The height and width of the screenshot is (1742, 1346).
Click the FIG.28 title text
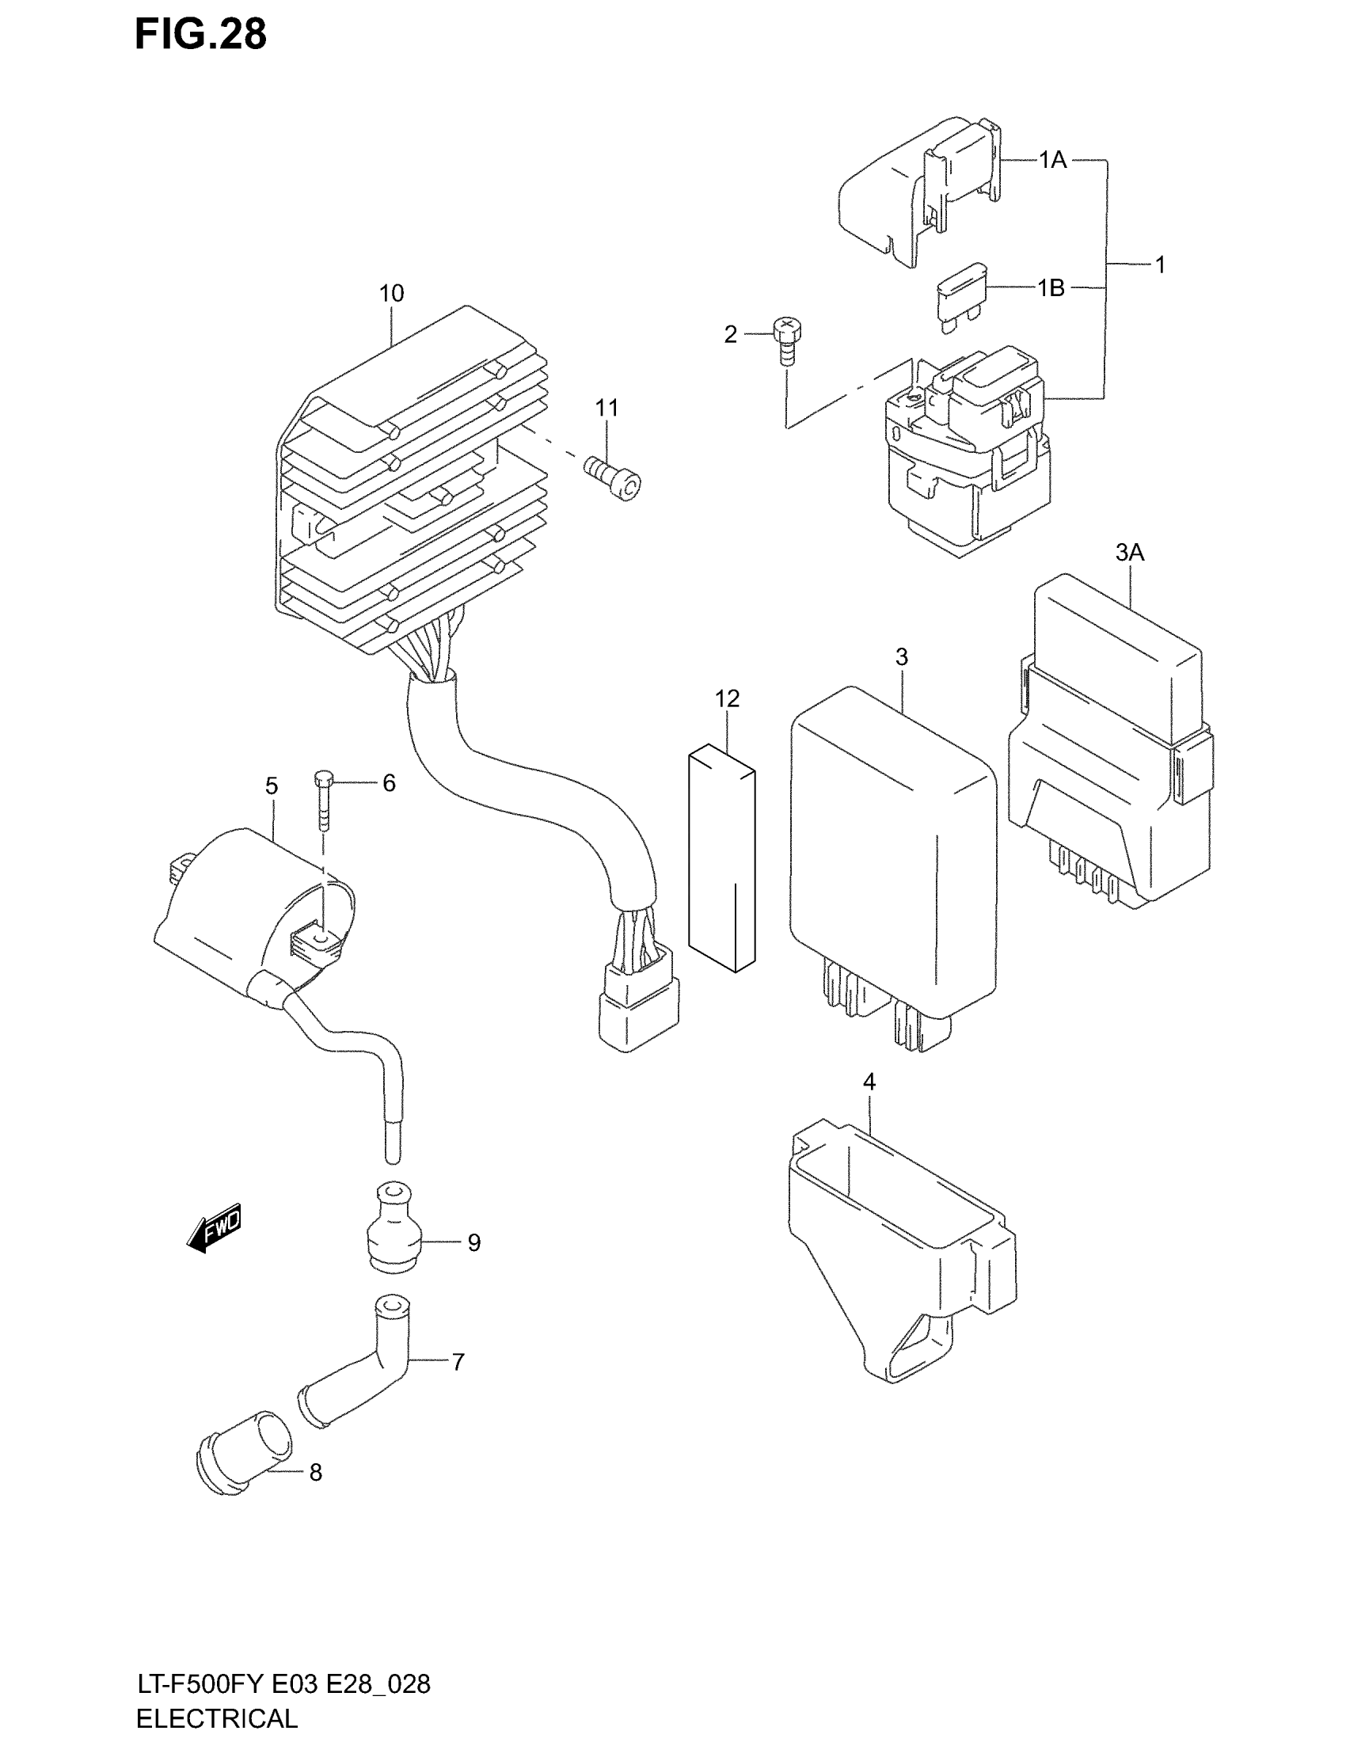200,34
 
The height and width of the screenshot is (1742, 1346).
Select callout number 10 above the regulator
390,294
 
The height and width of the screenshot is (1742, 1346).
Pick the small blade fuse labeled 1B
960,300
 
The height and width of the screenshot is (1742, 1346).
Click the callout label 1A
1052,160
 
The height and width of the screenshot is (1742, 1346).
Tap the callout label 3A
1129,552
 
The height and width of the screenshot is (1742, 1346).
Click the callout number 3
901,657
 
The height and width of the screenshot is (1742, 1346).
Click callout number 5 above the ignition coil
272,786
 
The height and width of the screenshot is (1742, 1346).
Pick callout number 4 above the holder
869,1082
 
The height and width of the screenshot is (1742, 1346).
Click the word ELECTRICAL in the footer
217,1718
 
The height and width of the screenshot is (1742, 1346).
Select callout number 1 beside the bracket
1160,264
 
